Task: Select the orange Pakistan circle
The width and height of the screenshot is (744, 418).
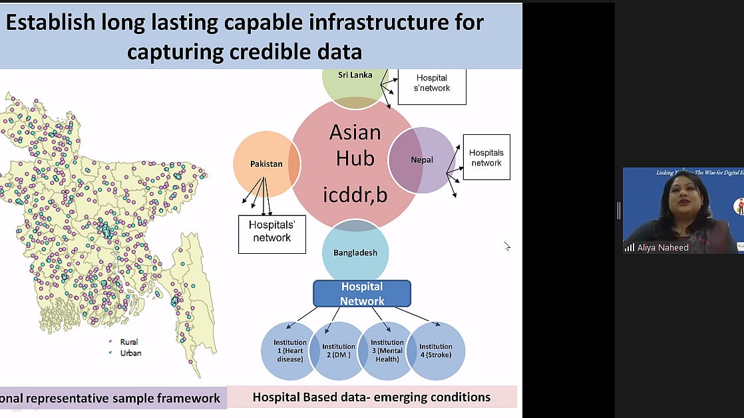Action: click(266, 163)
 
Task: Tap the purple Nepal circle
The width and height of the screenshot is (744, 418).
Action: click(422, 160)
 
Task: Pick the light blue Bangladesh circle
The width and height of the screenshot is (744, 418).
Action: click(355, 253)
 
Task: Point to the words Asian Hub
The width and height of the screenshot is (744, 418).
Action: click(355, 144)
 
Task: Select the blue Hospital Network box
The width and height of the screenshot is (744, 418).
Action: click(362, 294)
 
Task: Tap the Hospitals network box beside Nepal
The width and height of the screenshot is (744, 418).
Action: click(486, 157)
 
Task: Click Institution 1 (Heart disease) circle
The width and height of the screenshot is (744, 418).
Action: click(289, 351)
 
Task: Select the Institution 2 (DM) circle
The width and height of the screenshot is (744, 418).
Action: click(339, 351)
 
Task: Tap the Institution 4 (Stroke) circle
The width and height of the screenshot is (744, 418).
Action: click(436, 351)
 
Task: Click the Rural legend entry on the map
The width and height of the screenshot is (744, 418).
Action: click(128, 342)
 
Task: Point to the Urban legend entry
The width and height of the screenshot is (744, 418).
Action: click(128, 353)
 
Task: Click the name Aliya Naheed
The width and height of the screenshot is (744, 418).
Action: click(663, 247)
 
